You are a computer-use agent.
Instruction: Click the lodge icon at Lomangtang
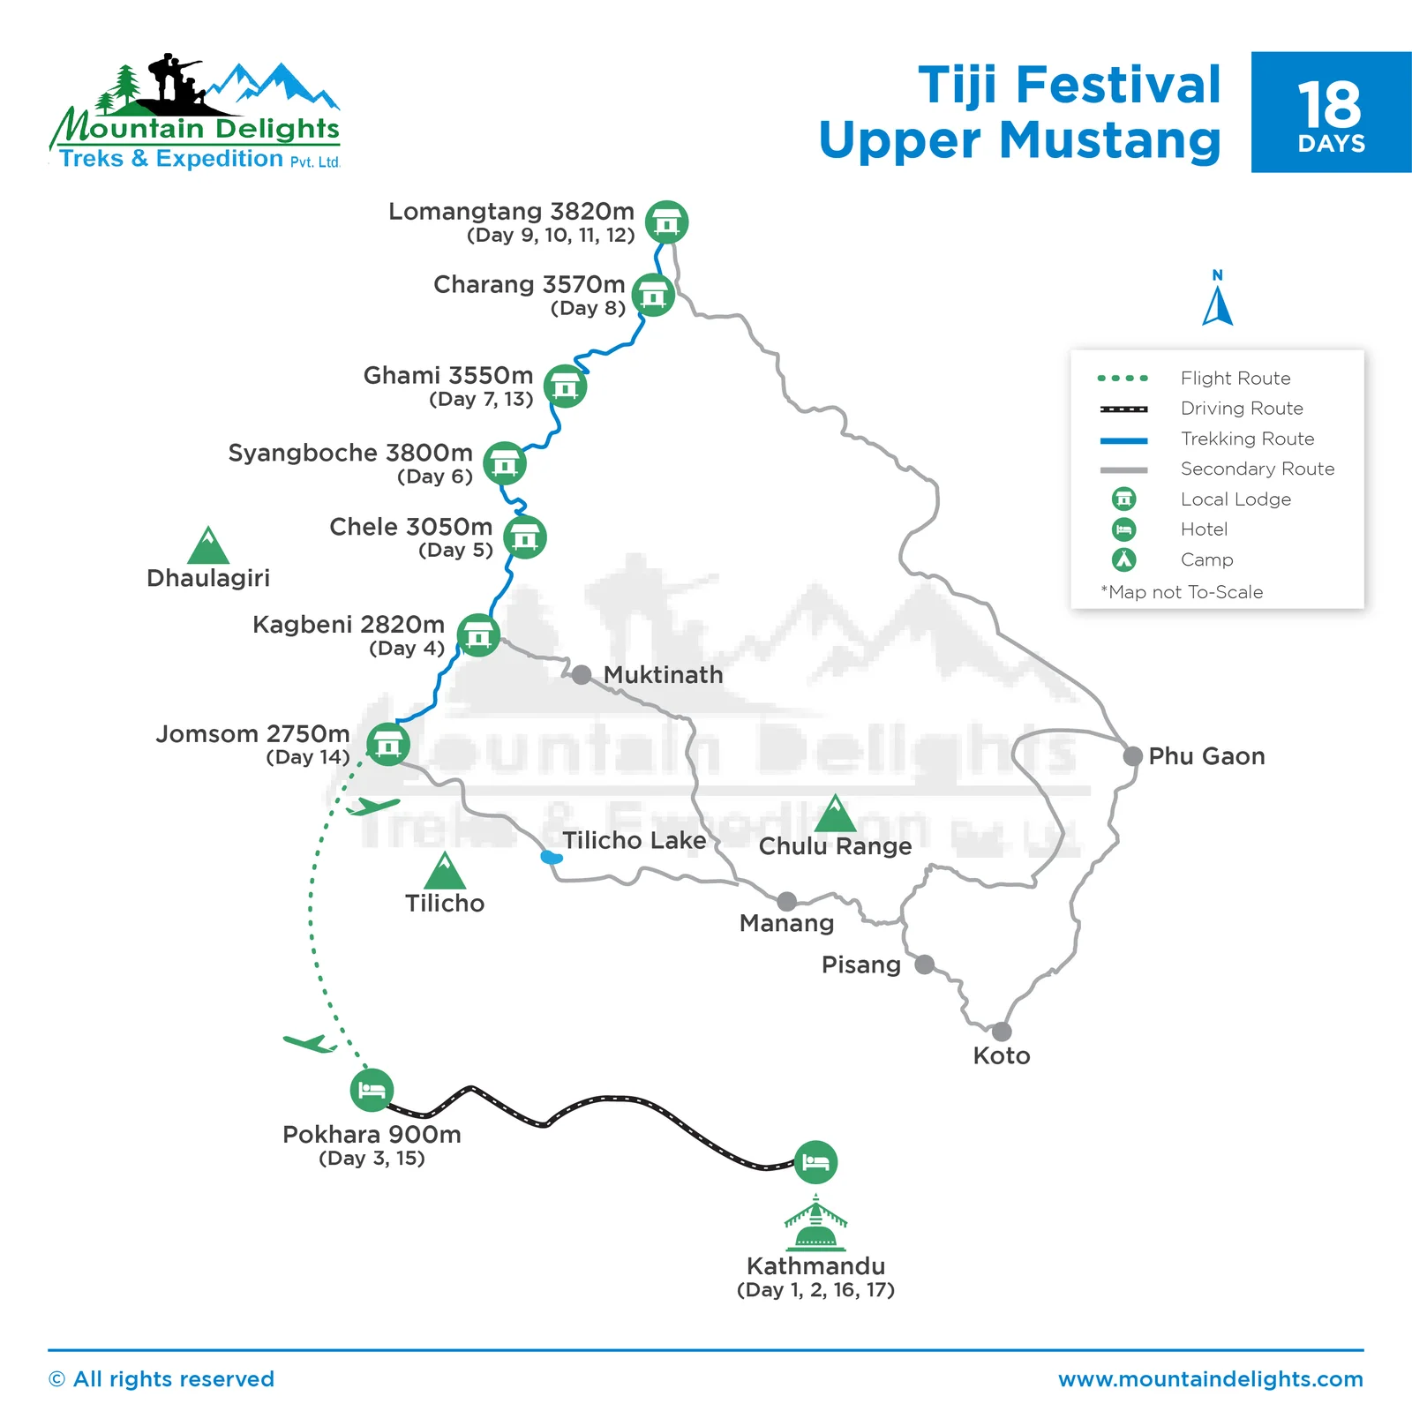(x=666, y=222)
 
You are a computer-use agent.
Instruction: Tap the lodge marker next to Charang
(x=653, y=296)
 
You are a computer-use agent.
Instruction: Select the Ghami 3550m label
(x=448, y=376)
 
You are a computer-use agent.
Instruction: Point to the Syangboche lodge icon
(x=505, y=463)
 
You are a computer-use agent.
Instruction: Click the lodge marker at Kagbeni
(x=478, y=635)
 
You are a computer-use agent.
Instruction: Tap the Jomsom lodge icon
(x=388, y=744)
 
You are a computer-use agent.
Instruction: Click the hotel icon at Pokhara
(x=372, y=1091)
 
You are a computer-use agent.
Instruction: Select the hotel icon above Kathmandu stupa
(x=815, y=1162)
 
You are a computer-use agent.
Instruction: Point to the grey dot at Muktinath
(x=581, y=675)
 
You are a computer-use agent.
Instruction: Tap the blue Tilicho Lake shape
(x=552, y=857)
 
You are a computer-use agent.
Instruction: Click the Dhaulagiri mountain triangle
(x=208, y=546)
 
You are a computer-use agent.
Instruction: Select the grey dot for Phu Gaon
(x=1132, y=756)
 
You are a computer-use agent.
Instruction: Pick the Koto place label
(x=1001, y=1056)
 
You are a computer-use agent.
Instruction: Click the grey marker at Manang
(x=786, y=901)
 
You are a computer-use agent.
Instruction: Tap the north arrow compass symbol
(x=1218, y=300)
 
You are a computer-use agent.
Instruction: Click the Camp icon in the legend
(x=1123, y=559)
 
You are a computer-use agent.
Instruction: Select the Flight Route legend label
(x=1235, y=379)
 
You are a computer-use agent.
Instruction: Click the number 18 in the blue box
(x=1330, y=105)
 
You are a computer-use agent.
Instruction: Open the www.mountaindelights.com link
(x=1211, y=1379)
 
